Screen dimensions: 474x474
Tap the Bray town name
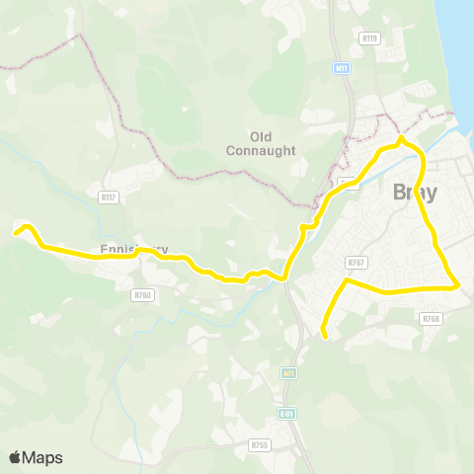click(x=415, y=193)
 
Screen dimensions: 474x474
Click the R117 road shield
click(x=109, y=197)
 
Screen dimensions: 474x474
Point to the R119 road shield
click(x=370, y=39)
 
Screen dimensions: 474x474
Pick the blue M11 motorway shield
click(x=342, y=68)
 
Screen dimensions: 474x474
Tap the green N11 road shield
click(x=288, y=374)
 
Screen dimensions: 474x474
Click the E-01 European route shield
click(x=287, y=414)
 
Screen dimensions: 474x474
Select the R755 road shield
click(x=260, y=445)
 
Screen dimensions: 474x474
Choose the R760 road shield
click(x=143, y=294)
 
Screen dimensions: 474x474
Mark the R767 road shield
click(x=356, y=262)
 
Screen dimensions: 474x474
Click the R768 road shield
click(x=431, y=319)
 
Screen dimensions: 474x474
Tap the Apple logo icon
click(x=16, y=457)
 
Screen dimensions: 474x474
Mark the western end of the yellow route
click(x=16, y=233)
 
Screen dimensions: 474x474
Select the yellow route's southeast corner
click(x=458, y=286)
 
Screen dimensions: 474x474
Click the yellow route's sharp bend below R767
click(x=345, y=281)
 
